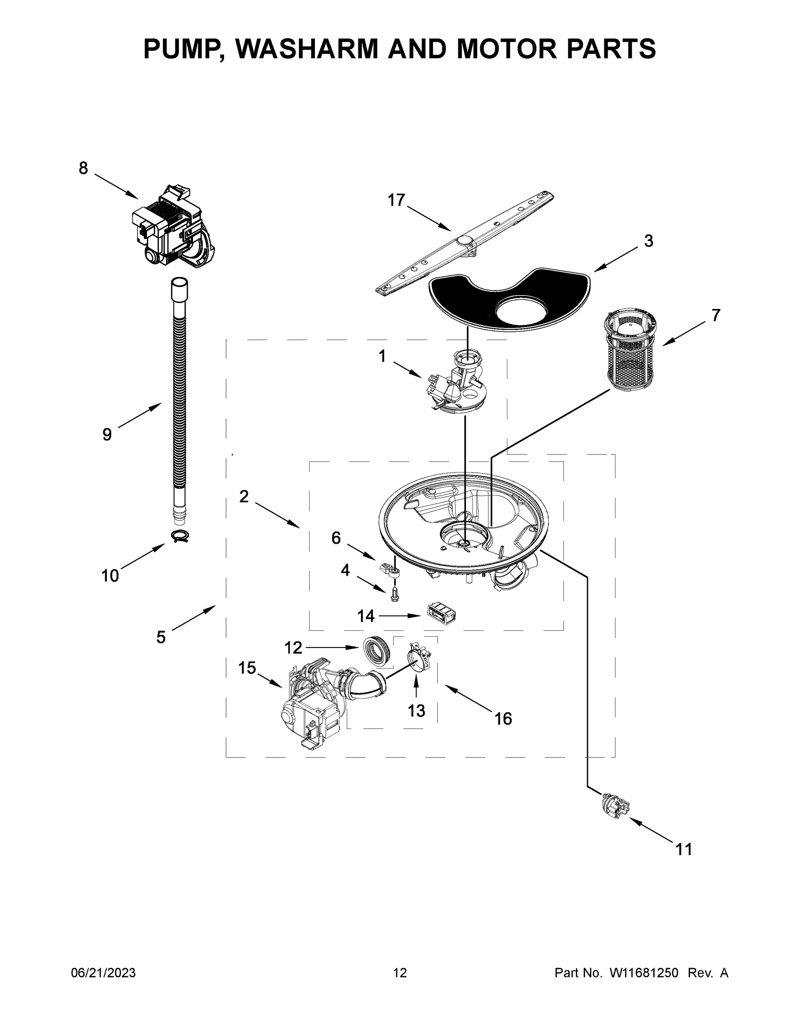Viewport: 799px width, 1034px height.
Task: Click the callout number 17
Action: tap(396, 200)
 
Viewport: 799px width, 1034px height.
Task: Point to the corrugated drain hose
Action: tap(179, 402)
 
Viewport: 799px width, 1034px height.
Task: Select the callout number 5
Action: tap(161, 637)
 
